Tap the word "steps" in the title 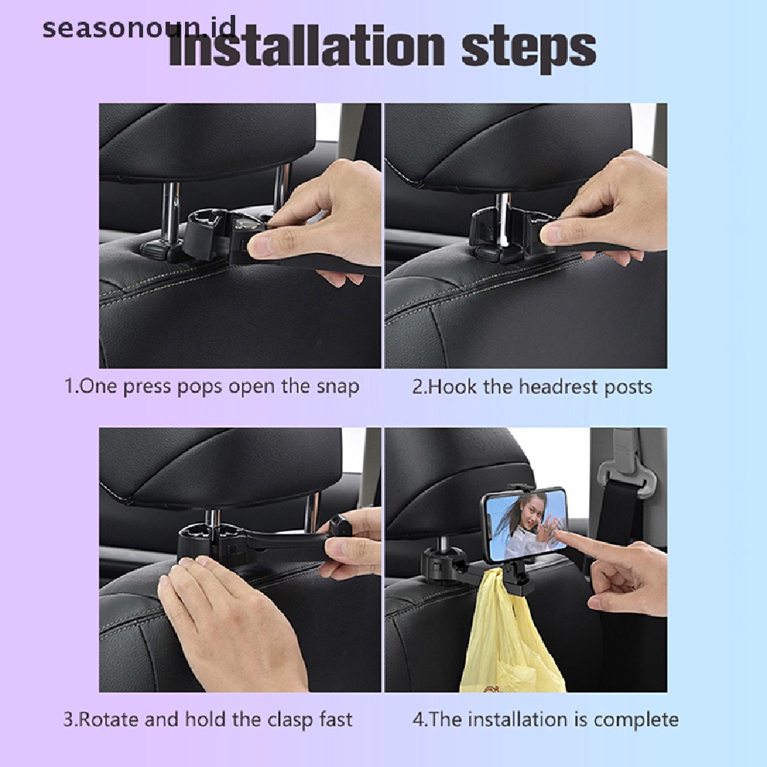pos(529,49)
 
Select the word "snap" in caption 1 pos(338,387)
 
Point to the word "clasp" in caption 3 pos(290,720)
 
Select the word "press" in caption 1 pos(147,387)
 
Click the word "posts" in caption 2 pos(628,387)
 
